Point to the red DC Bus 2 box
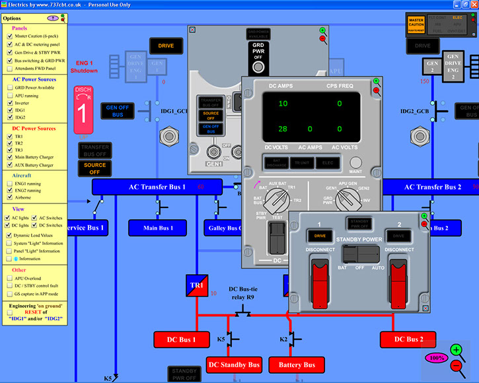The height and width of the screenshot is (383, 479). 408,339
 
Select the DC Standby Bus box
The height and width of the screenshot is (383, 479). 235,365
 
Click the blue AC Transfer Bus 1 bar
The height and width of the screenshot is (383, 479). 157,187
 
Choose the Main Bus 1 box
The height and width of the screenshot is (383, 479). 159,228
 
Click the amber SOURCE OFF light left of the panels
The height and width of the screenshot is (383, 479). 94,169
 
